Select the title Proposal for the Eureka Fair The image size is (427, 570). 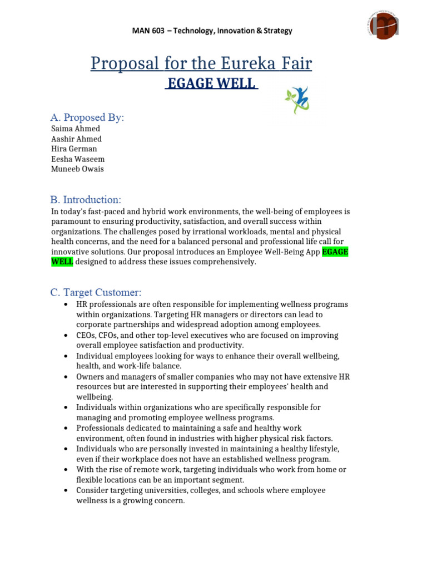tap(201, 64)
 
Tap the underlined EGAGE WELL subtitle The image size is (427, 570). tap(211, 84)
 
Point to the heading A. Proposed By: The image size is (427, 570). tap(87, 117)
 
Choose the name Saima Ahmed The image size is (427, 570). tap(76, 129)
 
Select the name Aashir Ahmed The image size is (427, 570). tap(77, 139)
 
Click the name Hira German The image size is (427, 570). tap(74, 149)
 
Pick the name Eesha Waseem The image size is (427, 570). tap(78, 159)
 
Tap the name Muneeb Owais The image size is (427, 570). tap(77, 169)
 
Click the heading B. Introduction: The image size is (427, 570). tap(86, 199)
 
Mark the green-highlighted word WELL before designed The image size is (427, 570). tap(62, 262)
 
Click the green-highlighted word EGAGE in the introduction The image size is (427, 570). tap(335, 252)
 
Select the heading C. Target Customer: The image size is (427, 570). tap(96, 292)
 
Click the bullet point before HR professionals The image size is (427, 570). tap(66, 304)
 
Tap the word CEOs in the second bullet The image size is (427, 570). tap(87, 336)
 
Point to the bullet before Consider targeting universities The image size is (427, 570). tap(66, 490)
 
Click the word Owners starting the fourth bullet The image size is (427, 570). tap(90, 377)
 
